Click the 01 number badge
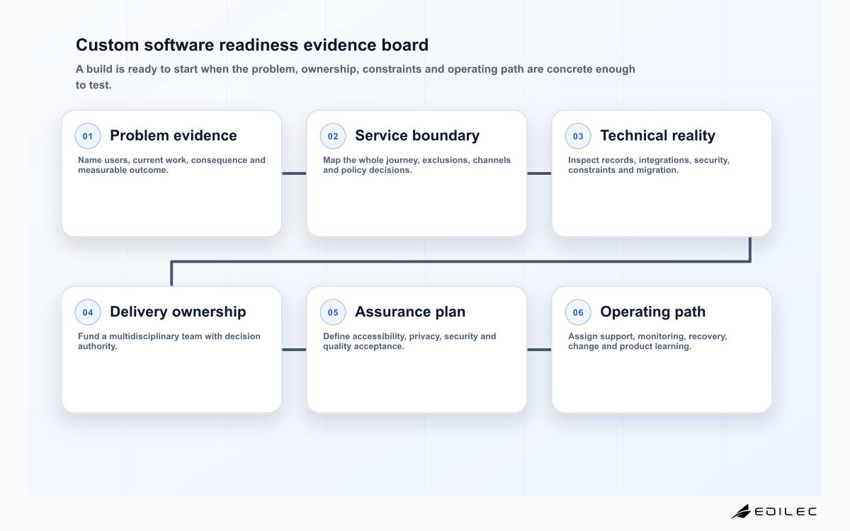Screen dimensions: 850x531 88,136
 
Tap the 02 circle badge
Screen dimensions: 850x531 333,136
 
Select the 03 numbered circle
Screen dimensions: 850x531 578,136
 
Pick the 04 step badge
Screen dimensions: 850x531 88,312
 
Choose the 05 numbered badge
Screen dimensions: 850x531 333,312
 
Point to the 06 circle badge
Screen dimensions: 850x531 578,312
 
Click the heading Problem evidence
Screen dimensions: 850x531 174,135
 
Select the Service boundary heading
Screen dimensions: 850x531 417,136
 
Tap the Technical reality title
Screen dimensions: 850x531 657,136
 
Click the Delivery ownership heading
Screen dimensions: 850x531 178,312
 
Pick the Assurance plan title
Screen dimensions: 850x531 410,312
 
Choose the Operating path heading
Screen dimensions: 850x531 652,312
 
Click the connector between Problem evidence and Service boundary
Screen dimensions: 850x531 294,173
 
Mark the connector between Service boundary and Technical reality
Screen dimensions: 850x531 539,173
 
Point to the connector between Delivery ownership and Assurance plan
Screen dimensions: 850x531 294,349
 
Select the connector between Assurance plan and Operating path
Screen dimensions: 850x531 539,349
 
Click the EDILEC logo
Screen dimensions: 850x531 773,511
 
